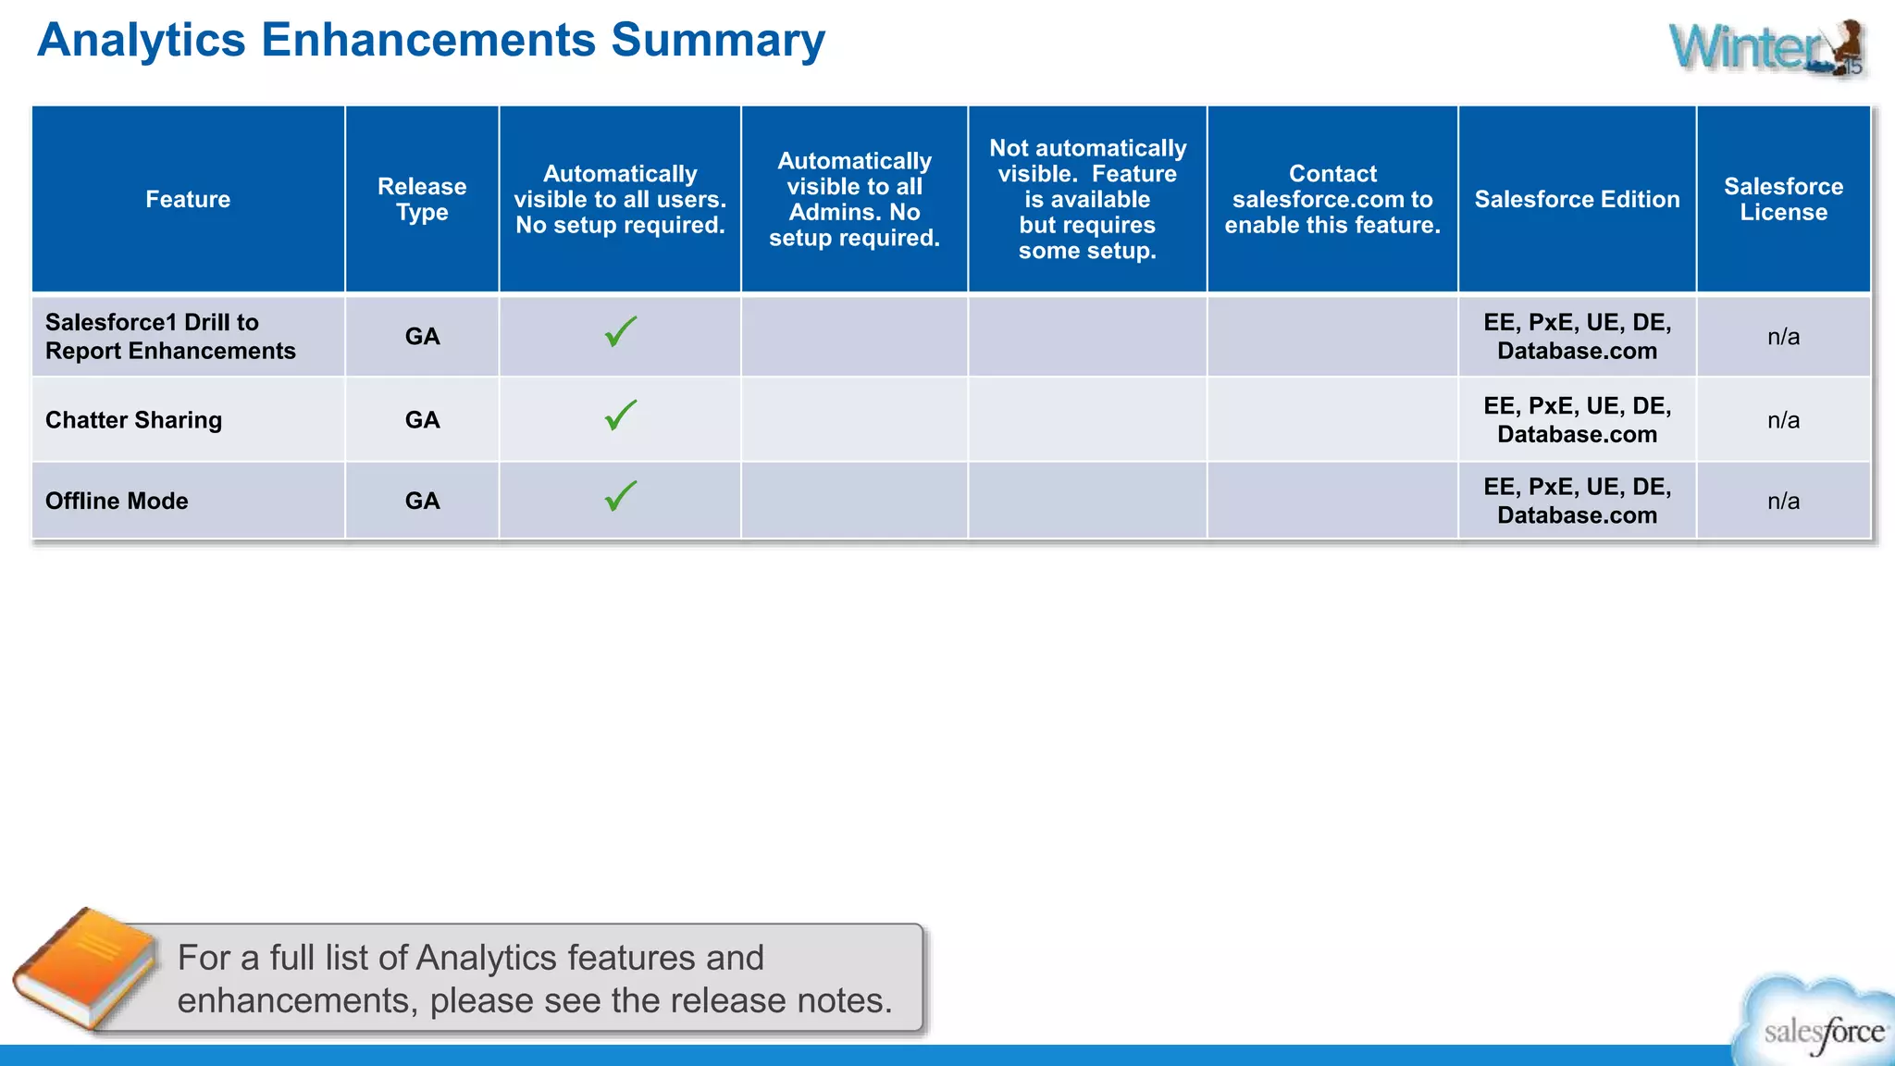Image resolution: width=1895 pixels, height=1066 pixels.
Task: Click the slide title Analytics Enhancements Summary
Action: pos(430,41)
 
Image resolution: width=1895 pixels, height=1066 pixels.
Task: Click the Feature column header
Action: pos(188,199)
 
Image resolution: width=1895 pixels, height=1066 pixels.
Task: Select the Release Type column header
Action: pos(422,199)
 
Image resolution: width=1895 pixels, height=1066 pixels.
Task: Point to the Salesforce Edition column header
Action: pos(1577,199)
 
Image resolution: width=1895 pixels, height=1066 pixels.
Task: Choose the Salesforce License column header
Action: pos(1783,199)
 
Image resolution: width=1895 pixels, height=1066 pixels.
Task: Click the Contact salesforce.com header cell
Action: pos(1332,199)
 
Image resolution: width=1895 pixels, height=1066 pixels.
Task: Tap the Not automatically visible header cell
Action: pos(1087,199)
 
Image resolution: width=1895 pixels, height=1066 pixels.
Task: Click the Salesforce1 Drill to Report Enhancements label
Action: pos(170,336)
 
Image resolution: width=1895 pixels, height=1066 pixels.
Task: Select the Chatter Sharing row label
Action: pos(134,420)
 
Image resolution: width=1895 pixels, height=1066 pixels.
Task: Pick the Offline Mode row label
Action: pos(117,501)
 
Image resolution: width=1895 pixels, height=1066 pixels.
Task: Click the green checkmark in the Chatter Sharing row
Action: pos(620,415)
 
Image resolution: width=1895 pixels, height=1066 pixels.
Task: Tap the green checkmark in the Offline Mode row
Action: pos(620,496)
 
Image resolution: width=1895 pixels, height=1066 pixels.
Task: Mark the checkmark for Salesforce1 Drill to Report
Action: pos(620,331)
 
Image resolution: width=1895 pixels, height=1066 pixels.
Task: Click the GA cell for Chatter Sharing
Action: pos(422,420)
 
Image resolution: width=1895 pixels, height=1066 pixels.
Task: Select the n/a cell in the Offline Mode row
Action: pos(1783,501)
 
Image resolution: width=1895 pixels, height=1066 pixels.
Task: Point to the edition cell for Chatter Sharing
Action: pos(1577,420)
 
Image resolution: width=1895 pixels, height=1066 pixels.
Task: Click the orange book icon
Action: pos(85,968)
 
